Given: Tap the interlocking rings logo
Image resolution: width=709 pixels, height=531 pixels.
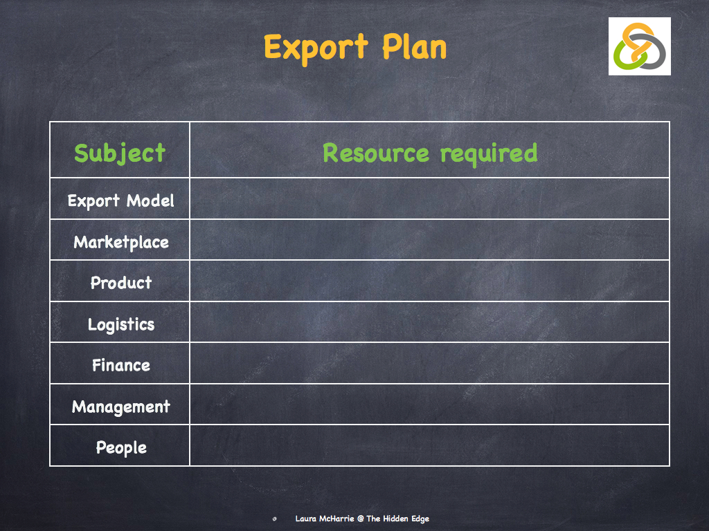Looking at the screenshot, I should (639, 46).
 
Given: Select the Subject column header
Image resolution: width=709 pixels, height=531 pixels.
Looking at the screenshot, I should (120, 153).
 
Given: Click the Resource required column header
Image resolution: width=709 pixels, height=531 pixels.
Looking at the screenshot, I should (429, 153).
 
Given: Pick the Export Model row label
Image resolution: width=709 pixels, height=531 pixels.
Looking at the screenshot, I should (120, 201).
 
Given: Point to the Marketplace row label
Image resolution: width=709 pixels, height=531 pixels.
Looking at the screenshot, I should (120, 242).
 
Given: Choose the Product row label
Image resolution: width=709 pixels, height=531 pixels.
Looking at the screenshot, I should (120, 282).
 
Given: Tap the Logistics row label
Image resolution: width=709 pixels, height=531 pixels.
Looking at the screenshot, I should (120, 324).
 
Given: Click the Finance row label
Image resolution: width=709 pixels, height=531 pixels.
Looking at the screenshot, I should (120, 364).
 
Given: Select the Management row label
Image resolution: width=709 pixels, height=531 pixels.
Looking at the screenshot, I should (120, 406).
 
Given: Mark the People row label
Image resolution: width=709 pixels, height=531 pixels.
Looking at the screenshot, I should (120, 447).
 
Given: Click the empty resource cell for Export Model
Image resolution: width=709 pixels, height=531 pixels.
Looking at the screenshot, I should (429, 199).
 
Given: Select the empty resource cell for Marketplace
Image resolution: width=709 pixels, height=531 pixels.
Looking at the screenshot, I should (429, 240).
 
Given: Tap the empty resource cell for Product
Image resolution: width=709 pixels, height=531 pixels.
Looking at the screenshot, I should (429, 281).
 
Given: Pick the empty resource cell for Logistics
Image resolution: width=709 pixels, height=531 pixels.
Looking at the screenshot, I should (429, 322).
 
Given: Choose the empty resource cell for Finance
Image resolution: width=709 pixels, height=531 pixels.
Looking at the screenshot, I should (429, 363).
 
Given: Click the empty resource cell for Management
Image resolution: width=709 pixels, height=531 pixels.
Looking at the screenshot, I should (429, 404).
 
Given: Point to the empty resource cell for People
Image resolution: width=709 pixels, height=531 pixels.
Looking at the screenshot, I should (429, 445).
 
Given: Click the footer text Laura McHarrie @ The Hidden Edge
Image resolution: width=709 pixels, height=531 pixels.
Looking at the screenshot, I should (362, 519).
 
